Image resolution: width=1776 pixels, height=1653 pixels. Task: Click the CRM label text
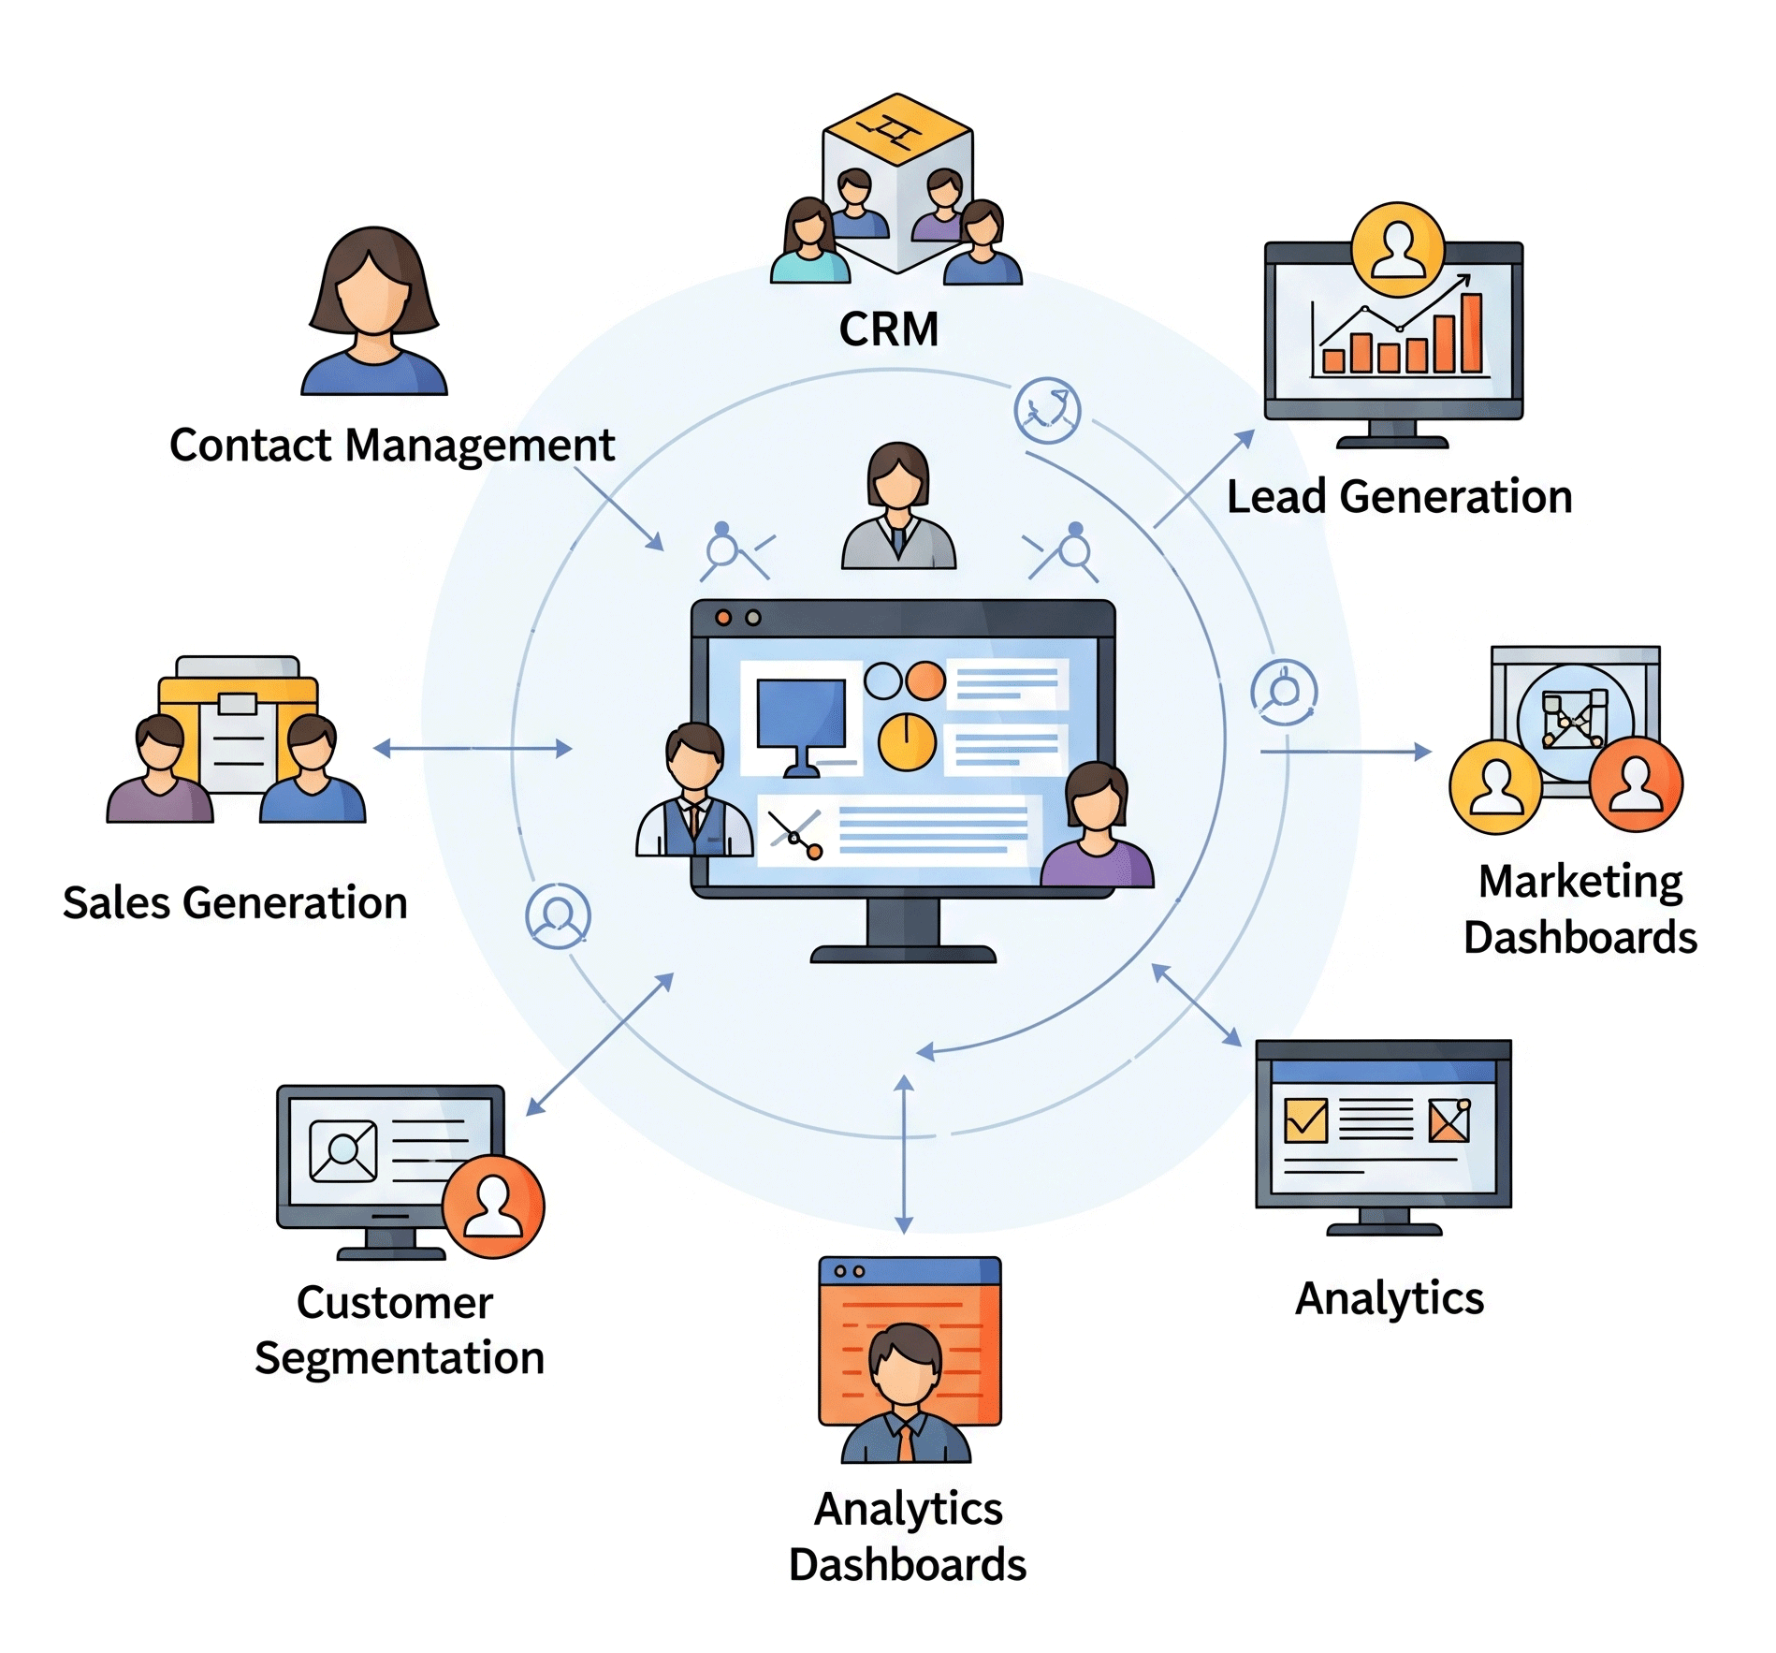888,329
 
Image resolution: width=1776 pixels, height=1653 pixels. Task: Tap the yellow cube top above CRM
896,129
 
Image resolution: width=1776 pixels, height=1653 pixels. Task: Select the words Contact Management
392,446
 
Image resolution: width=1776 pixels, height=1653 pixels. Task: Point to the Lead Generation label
1399,497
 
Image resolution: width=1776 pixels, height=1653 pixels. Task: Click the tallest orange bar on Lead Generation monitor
1472,333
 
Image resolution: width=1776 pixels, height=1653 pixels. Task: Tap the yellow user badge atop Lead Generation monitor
1398,250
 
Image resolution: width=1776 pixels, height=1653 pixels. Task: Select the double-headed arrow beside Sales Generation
473,748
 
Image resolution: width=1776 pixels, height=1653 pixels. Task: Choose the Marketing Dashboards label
1580,909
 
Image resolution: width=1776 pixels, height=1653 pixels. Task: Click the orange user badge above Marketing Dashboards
1636,784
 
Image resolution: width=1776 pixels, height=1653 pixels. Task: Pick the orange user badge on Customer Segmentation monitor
493,1207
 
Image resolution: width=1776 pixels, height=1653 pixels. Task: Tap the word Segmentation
400,1358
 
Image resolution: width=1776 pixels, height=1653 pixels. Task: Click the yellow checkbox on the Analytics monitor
1305,1119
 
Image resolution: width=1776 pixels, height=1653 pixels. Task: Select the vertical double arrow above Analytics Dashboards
904,1154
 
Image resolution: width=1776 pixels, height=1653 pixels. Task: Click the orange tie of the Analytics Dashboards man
906,1441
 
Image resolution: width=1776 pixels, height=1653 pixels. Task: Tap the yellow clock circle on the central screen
907,742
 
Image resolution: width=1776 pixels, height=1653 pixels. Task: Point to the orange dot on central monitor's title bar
723,618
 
